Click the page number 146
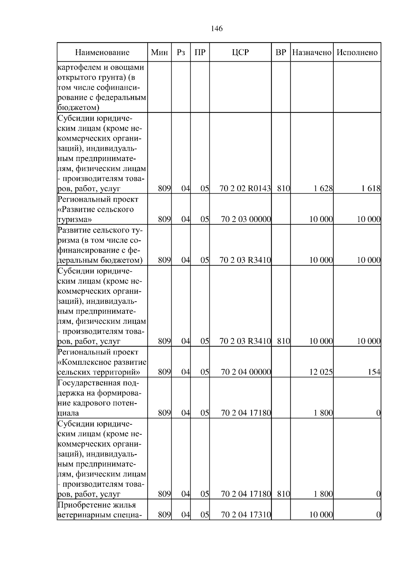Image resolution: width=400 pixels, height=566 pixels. (217, 29)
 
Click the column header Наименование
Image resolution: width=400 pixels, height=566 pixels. (102, 52)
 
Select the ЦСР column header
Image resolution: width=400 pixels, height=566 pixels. (240, 52)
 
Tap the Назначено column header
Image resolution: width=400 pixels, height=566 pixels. (312, 52)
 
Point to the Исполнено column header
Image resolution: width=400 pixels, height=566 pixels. (357, 52)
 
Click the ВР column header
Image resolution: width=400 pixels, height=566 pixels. (281, 52)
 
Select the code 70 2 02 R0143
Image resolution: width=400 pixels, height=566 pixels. (245, 189)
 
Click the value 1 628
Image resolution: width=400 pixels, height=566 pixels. (323, 189)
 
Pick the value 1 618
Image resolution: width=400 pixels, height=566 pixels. (371, 189)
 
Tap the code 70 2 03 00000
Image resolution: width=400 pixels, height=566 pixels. (246, 219)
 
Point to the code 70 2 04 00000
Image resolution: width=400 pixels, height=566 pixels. (246, 372)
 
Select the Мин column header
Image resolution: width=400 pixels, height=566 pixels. (159, 52)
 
